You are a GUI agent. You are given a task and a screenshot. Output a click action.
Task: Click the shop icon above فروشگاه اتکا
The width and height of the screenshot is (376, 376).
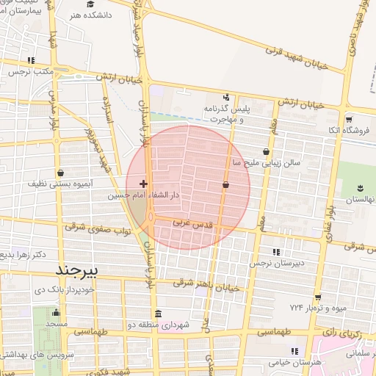349,118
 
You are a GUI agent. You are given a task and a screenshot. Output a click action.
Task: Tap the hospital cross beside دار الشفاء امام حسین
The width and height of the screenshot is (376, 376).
142,183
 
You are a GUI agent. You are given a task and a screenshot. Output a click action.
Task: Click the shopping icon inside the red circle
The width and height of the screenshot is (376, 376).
225,185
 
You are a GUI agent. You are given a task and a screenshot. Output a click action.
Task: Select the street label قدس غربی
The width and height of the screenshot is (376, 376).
192,223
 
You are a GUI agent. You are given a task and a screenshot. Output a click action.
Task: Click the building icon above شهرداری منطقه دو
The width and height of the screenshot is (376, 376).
159,313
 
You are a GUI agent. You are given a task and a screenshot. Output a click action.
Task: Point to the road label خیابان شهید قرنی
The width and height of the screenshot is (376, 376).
294,51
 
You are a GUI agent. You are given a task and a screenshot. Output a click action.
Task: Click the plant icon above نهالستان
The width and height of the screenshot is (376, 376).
360,187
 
